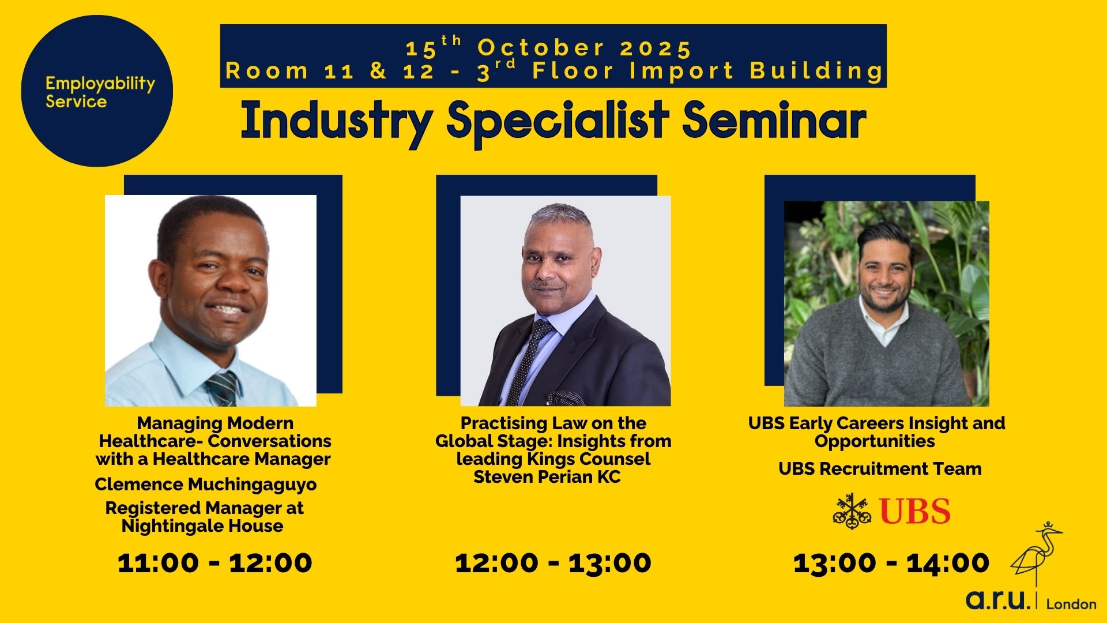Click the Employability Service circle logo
(x=97, y=91)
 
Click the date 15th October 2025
(x=549, y=47)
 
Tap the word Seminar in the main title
(x=774, y=122)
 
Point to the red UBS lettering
(x=916, y=511)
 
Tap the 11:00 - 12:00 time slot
(x=215, y=562)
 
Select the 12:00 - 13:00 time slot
(x=553, y=562)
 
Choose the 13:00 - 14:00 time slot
(x=891, y=562)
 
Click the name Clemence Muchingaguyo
(x=206, y=485)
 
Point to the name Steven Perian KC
(x=547, y=477)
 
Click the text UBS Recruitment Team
(x=880, y=468)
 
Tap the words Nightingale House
(x=202, y=526)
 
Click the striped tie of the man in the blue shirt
(x=223, y=388)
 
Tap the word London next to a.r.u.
(x=1071, y=604)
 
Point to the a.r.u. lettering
(x=998, y=600)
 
